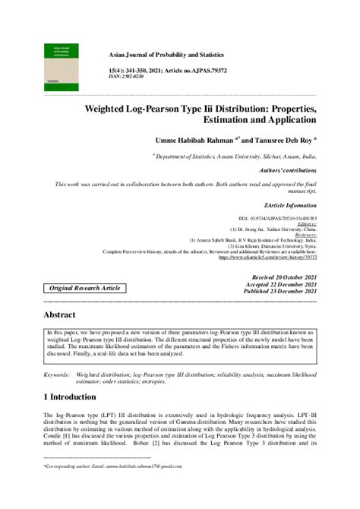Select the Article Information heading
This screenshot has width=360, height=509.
[291, 206]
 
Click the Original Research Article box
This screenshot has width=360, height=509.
[74, 289]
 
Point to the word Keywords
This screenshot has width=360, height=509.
[58, 375]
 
